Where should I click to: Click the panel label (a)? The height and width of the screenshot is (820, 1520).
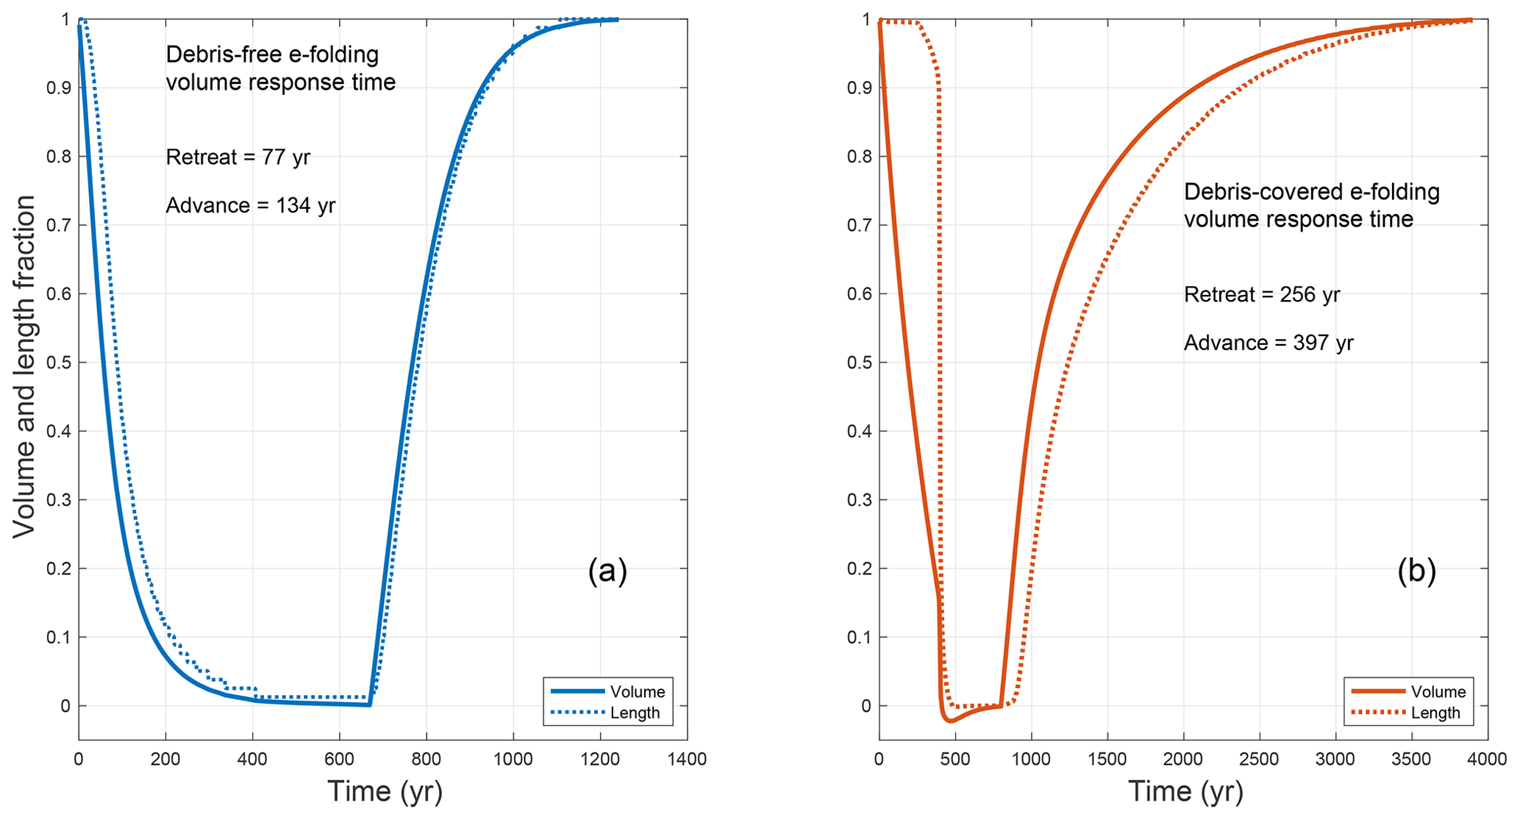607,571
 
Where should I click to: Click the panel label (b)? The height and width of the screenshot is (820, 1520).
1416,571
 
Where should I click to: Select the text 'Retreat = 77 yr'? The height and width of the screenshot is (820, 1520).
238,157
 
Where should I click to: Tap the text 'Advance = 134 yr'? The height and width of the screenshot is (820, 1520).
250,205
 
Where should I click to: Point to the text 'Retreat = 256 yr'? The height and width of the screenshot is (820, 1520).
1262,295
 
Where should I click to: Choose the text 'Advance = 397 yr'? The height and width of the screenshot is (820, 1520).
1269,343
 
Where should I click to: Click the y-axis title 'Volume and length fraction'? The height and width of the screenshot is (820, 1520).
24,366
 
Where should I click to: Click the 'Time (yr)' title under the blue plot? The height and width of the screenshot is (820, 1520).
385,792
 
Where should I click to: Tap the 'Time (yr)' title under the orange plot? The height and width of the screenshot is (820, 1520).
1185,792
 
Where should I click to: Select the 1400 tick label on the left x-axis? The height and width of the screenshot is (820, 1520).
687,760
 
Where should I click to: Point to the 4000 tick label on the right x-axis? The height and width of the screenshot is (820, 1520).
1487,760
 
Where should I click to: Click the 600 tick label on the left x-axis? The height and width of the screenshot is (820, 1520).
339,760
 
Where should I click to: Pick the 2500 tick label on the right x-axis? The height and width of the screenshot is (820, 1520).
1259,760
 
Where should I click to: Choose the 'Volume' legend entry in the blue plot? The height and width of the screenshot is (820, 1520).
637,692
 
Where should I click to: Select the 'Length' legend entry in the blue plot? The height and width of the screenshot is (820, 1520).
635,713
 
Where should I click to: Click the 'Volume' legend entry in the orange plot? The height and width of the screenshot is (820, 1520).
1438,692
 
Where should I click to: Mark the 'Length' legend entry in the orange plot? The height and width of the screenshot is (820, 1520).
1435,713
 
